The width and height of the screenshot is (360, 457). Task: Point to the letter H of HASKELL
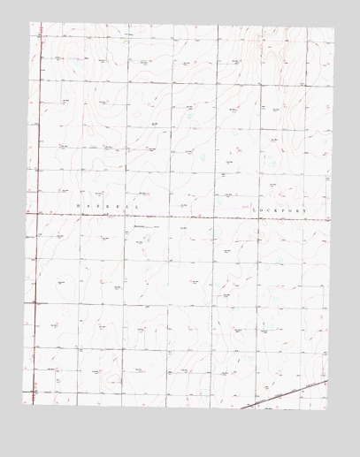pyautogui.click(x=78, y=206)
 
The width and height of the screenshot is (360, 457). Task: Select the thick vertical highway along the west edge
pyautogui.click(x=37, y=265)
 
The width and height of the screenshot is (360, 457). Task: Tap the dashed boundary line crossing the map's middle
pyautogui.click(x=177, y=215)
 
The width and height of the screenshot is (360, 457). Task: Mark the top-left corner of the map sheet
pyautogui.click(x=31, y=24)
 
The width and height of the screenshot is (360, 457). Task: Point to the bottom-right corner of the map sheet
pyautogui.click(x=327, y=408)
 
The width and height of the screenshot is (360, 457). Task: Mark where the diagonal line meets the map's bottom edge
pyautogui.click(x=242, y=407)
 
